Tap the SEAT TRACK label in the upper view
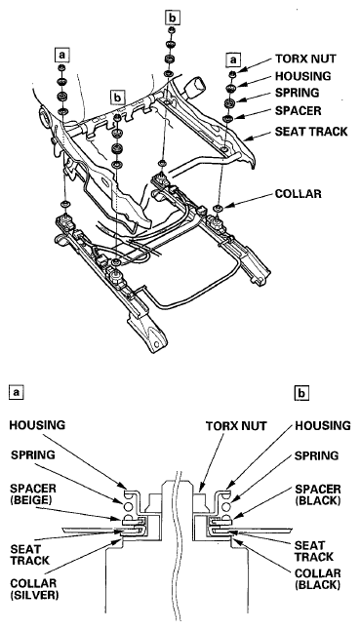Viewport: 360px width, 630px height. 311,132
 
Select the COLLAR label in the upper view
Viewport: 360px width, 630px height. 299,194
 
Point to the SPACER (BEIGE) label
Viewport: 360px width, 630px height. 34,495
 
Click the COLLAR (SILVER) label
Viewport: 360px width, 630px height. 34,589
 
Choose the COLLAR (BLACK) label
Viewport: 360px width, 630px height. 318,579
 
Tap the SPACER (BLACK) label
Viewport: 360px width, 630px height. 318,495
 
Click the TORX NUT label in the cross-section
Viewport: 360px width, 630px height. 236,426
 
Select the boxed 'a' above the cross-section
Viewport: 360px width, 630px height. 16,392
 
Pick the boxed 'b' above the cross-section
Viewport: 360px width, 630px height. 301,393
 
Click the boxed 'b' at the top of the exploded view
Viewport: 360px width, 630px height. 173,19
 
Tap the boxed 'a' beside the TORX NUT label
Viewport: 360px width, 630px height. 233,59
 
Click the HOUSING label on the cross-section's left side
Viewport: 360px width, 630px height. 37,425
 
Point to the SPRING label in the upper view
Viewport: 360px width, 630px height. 297,93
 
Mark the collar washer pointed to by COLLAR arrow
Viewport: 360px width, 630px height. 219,208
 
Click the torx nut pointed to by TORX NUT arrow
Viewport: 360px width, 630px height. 232,74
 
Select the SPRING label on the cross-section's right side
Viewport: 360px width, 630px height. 317,456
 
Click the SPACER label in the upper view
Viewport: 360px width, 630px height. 299,110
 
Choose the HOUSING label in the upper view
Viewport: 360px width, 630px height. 303,75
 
